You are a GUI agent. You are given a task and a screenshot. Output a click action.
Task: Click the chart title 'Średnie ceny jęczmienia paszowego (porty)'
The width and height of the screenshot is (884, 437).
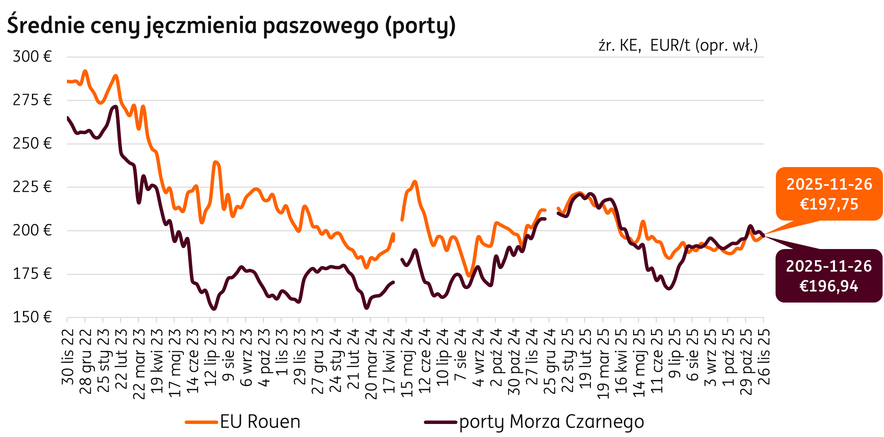(x=231, y=26)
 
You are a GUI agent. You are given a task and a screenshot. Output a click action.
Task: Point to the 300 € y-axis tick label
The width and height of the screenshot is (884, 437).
(x=32, y=57)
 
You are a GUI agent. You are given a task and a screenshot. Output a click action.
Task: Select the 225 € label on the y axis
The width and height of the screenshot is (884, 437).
(x=32, y=187)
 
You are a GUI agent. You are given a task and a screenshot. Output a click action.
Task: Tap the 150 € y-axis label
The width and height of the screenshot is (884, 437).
(x=32, y=317)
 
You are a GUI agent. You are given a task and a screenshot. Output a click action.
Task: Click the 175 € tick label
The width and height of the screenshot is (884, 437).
(x=32, y=274)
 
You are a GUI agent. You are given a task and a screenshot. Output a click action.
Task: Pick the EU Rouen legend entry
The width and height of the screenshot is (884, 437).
(x=243, y=422)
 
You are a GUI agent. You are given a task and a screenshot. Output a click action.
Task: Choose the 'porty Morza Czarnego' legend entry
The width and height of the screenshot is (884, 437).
(x=534, y=422)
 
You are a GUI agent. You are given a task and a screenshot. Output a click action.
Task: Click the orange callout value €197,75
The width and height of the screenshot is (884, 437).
(x=829, y=204)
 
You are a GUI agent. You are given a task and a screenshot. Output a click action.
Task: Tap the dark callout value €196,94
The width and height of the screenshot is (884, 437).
(x=829, y=286)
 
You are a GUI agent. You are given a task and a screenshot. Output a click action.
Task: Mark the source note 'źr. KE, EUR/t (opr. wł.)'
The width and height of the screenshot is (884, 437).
(x=678, y=46)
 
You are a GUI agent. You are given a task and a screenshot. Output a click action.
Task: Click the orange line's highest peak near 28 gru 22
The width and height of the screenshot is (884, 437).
(x=85, y=71)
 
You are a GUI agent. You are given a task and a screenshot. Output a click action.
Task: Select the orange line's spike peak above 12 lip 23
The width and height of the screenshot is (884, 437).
(x=215, y=162)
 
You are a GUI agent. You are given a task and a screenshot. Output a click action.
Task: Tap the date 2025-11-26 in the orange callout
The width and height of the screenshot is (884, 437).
(x=829, y=184)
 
